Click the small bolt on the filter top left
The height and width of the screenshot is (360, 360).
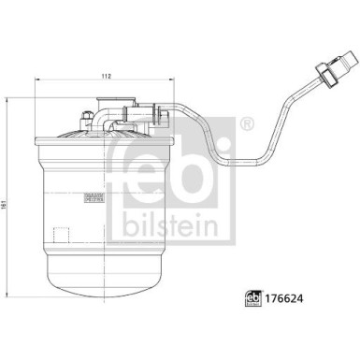(86, 119)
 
